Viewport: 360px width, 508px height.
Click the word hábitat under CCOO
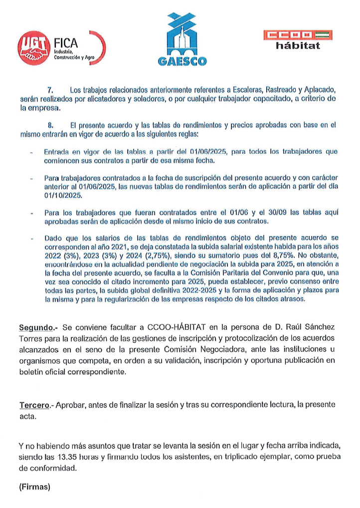click(x=298, y=46)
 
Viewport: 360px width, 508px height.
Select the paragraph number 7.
click(x=50, y=90)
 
